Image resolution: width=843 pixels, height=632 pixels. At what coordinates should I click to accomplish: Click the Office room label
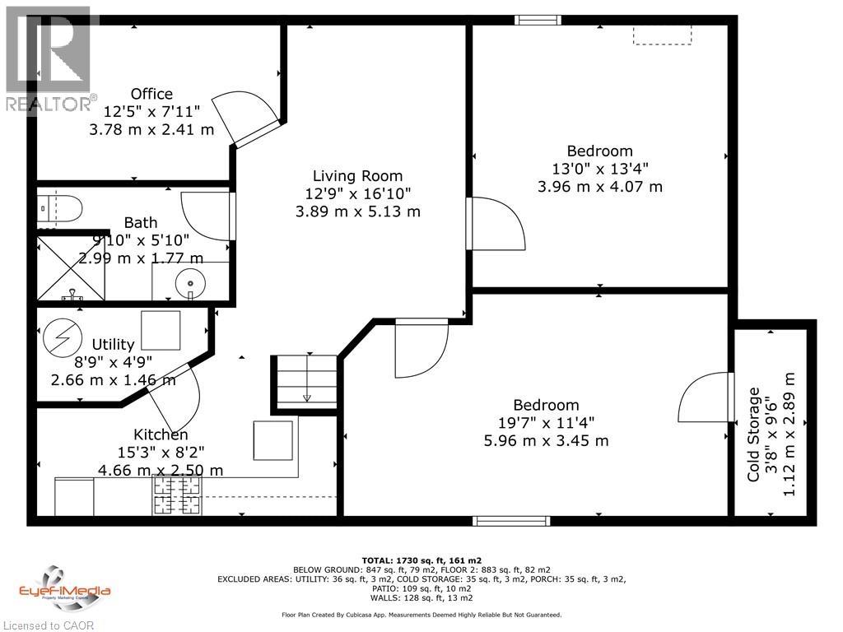click(x=151, y=94)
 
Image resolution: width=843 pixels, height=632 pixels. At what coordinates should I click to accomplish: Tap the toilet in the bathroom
click(x=62, y=207)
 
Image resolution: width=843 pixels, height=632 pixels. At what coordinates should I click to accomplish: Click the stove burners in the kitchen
click(x=176, y=496)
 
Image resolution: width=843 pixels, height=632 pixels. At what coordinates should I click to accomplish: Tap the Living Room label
click(x=357, y=175)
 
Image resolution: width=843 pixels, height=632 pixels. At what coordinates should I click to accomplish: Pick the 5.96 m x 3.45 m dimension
click(x=546, y=440)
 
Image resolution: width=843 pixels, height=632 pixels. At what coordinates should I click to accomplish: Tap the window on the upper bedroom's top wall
click(x=538, y=20)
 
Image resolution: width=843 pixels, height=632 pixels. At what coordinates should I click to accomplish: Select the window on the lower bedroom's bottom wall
click(x=511, y=520)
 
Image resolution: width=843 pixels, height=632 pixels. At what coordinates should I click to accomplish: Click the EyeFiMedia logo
click(x=64, y=585)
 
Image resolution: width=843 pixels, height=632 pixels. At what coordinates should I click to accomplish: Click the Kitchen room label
click(x=161, y=434)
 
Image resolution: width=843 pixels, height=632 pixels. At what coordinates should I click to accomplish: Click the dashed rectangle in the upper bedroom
click(x=662, y=34)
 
